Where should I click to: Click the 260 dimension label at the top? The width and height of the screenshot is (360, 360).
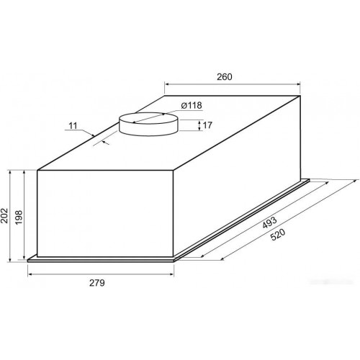click(x=225, y=77)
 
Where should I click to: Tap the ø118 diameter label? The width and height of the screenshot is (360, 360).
click(x=192, y=105)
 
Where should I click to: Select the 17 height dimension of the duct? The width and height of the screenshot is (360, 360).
click(x=207, y=125)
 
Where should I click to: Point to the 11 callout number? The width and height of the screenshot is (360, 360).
click(x=73, y=125)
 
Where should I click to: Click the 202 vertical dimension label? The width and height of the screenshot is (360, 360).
click(x=4, y=216)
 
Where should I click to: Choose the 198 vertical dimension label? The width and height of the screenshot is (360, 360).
click(x=19, y=217)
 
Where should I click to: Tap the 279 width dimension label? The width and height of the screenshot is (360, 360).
click(x=97, y=283)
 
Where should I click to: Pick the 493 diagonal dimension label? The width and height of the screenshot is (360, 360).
click(x=270, y=222)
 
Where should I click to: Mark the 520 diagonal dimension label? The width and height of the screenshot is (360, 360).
click(x=278, y=235)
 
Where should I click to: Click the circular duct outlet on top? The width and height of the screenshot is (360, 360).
click(x=149, y=124)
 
